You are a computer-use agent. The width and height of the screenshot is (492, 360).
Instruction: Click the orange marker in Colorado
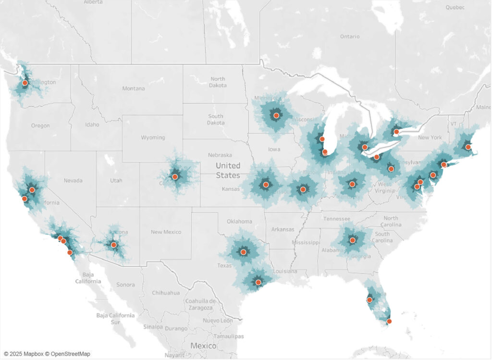[175, 177]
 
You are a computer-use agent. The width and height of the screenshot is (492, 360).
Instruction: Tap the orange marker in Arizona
[114, 245]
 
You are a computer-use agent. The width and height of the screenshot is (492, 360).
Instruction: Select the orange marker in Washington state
[25, 83]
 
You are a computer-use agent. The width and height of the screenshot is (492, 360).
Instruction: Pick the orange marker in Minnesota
[276, 116]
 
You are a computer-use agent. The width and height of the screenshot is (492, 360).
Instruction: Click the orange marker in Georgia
[352, 240]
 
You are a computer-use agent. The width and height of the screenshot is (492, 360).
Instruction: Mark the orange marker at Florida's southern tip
[389, 321]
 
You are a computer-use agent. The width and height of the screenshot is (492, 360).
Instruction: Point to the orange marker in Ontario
[396, 132]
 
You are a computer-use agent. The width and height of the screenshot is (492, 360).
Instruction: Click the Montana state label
[133, 88]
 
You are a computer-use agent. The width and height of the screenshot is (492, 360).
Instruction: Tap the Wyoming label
[153, 137]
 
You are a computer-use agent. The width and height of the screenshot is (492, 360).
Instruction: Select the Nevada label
[73, 181]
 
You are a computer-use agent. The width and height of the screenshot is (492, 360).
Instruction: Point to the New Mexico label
[166, 232]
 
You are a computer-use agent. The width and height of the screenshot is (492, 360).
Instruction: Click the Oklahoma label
[239, 222]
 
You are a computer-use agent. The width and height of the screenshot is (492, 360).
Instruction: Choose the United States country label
[228, 171]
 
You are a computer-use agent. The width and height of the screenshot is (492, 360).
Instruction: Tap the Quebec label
[455, 7]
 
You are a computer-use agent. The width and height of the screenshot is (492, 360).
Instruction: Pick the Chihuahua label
[166, 293]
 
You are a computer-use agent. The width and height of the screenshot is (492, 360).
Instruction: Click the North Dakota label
[218, 82]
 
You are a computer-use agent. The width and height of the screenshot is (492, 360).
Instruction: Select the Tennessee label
[337, 219]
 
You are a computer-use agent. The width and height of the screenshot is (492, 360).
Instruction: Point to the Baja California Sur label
[115, 319]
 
